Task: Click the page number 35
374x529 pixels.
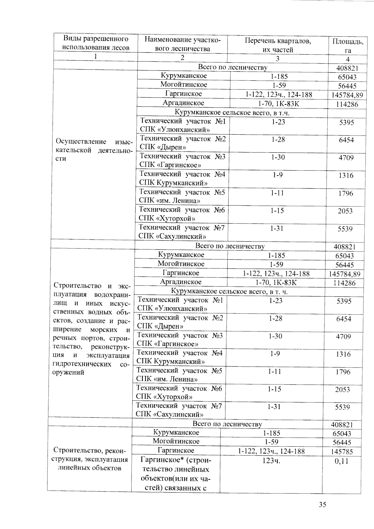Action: pyautogui.click(x=323, y=504)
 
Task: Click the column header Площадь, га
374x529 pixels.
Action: pyautogui.click(x=348, y=46)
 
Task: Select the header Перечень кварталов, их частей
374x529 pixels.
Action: pyautogui.click(x=278, y=45)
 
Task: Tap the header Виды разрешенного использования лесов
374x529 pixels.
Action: pyautogui.click(x=96, y=43)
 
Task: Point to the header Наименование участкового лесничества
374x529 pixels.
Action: pyautogui.click(x=182, y=44)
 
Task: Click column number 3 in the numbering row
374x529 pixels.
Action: pyautogui.click(x=277, y=58)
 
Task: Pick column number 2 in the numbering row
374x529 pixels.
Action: pyautogui.click(x=182, y=57)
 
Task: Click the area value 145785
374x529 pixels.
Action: pyautogui.click(x=342, y=451)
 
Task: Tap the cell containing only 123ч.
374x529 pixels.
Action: pyautogui.click(x=271, y=461)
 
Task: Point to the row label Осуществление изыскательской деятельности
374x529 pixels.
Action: pyautogui.click(x=93, y=150)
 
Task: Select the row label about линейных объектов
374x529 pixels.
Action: pyautogui.click(x=90, y=459)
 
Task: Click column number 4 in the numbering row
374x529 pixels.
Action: pyautogui.click(x=348, y=59)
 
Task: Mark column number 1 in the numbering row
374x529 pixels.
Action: pyautogui.click(x=95, y=56)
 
